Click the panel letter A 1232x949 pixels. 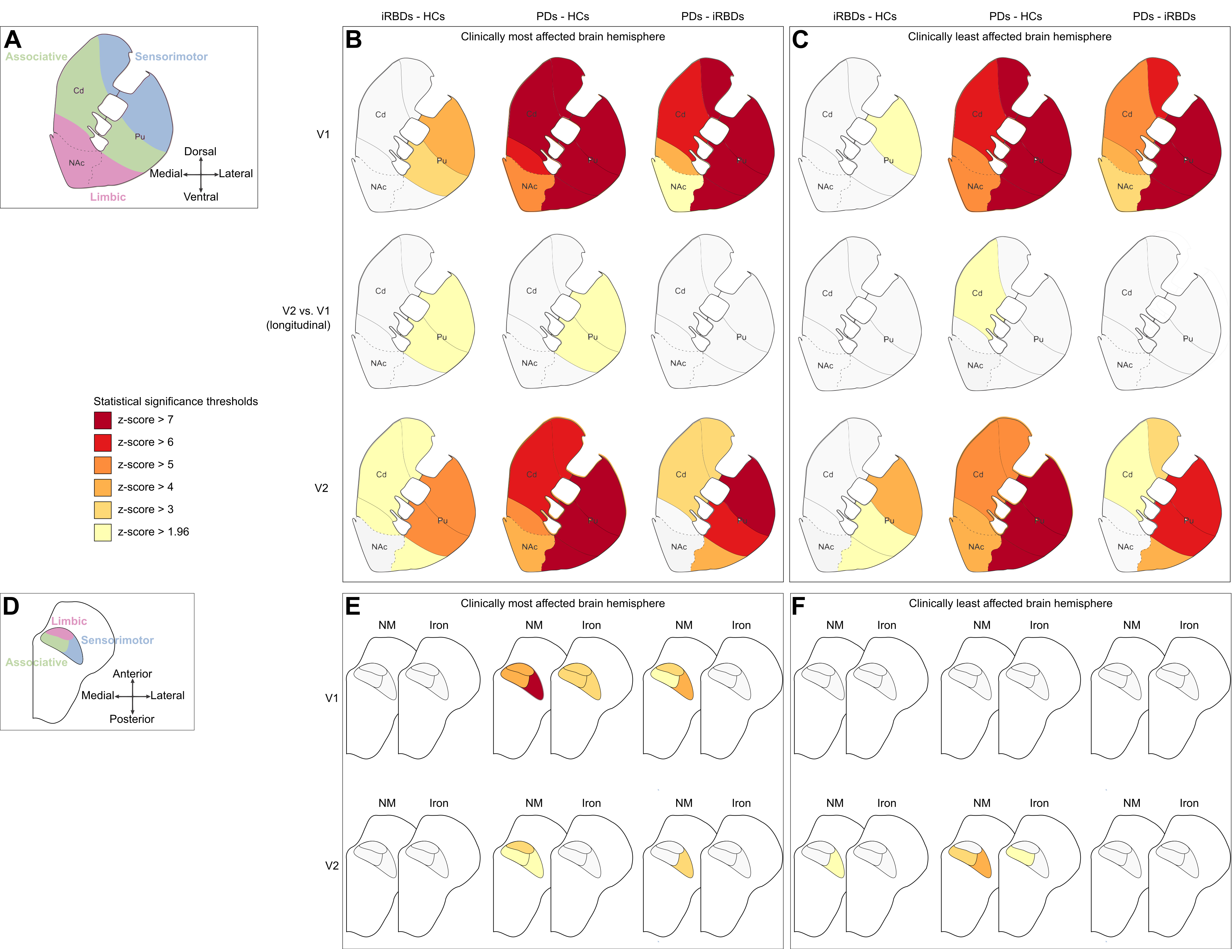coord(13,40)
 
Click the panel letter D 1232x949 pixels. coord(11,607)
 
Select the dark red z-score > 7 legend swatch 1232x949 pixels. coord(103,420)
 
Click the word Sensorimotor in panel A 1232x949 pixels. coord(171,56)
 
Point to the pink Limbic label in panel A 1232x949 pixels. coord(108,197)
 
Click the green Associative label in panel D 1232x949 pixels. coord(36,662)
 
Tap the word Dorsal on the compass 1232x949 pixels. coord(200,151)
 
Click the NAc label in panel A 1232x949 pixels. coord(77,163)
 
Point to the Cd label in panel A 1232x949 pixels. coord(79,90)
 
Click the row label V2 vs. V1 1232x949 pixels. coord(306,311)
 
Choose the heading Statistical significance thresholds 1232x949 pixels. coord(175,401)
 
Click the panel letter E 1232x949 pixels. coord(352,607)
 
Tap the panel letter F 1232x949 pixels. coord(798,607)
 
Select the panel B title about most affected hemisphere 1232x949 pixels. coord(562,37)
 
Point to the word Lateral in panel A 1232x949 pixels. coord(236,174)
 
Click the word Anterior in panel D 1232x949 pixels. coord(132,674)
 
